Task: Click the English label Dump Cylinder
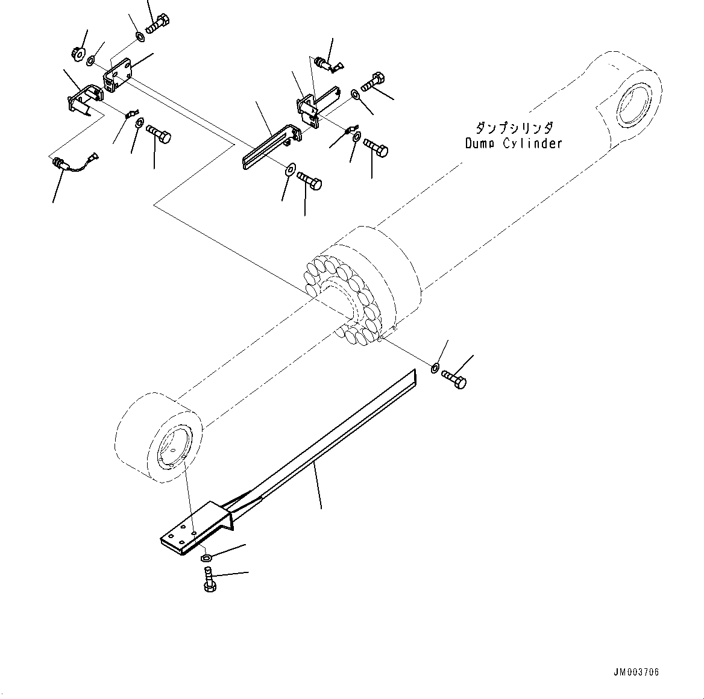514,143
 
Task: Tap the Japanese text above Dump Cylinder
514,128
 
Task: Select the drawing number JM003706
638,672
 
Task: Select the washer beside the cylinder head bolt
435,367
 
